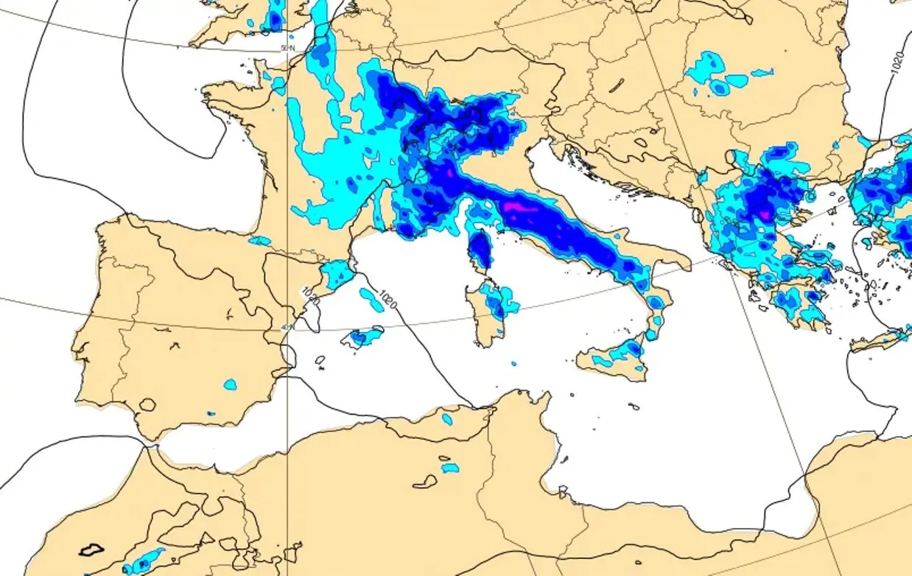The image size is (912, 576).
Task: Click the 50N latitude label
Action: pyautogui.click(x=287, y=49)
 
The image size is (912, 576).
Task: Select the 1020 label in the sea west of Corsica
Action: pyautogui.click(x=387, y=298)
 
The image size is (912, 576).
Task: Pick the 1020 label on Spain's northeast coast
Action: pyautogui.click(x=310, y=297)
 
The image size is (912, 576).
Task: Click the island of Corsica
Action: pyautogui.click(x=480, y=250)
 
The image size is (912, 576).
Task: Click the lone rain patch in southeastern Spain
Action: pyautogui.click(x=231, y=384)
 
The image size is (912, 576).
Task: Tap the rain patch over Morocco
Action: pyautogui.click(x=143, y=561)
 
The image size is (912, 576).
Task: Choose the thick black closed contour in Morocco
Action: pyautogui.click(x=92, y=549)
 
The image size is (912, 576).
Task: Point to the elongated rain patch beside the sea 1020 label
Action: pyautogui.click(x=371, y=299)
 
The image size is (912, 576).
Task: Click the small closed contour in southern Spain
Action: pyautogui.click(x=148, y=404)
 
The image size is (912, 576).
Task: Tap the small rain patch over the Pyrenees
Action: pyautogui.click(x=260, y=241)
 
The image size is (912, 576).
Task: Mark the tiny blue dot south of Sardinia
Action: pyautogui.click(x=514, y=363)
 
